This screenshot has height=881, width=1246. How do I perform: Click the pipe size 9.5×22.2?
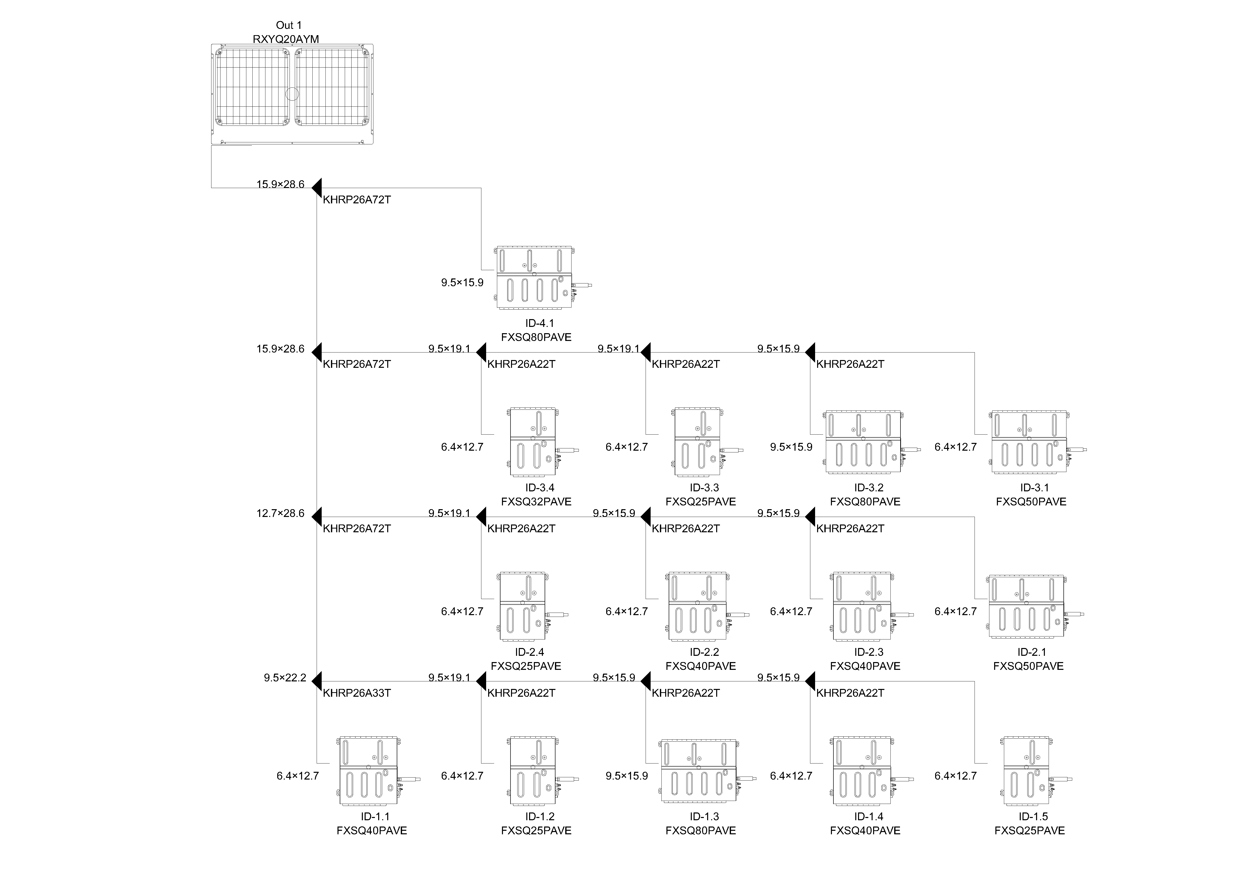pyautogui.click(x=285, y=678)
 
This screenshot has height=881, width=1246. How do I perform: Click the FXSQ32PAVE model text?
pyautogui.click(x=536, y=502)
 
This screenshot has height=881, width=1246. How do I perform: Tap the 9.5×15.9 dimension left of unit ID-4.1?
pyautogui.click(x=462, y=283)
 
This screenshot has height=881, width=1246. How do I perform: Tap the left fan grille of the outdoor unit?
pyautogui.click(x=252, y=87)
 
